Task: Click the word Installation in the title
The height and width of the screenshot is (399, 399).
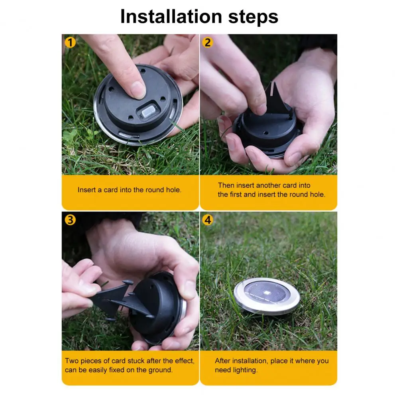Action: [171, 17]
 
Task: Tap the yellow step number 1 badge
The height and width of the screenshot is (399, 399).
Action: [70, 43]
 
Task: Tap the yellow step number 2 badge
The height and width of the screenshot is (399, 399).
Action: [208, 43]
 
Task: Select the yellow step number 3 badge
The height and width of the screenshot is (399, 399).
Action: [70, 220]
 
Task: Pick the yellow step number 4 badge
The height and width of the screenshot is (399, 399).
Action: [208, 220]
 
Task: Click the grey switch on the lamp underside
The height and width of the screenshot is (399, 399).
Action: [148, 112]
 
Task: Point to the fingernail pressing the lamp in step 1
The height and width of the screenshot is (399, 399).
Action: [138, 90]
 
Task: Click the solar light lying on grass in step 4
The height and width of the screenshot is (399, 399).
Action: [267, 296]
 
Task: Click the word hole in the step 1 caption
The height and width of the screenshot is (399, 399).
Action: [173, 190]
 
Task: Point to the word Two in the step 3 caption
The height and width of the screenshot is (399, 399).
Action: [71, 361]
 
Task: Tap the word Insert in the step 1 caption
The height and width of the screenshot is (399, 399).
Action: [87, 190]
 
